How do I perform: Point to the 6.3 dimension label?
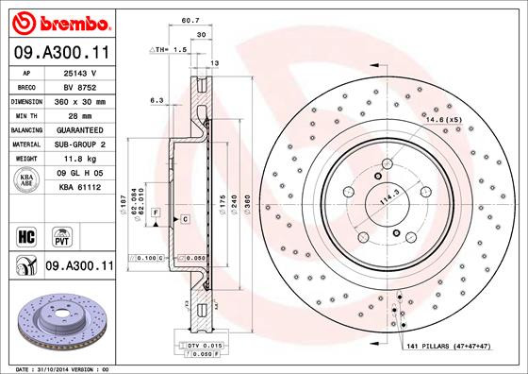pos(157,99)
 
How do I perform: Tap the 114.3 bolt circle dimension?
pos(386,200)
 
